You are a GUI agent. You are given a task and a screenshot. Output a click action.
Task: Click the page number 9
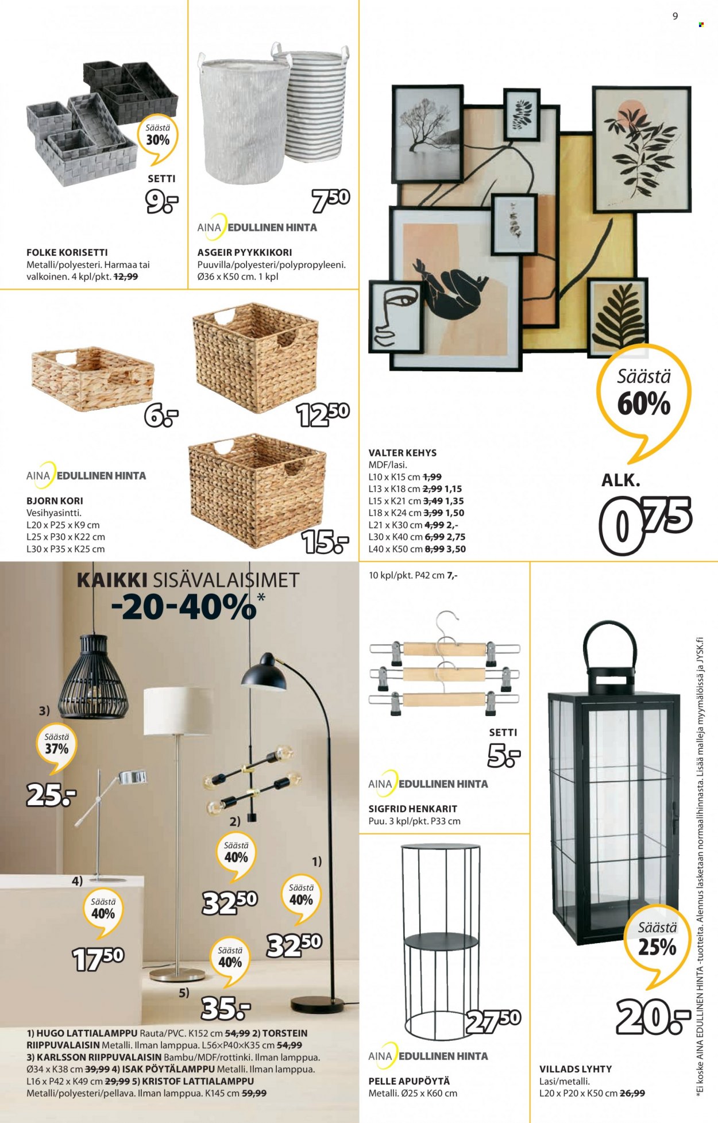(x=675, y=17)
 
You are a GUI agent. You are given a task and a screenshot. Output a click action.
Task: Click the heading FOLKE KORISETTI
(x=67, y=252)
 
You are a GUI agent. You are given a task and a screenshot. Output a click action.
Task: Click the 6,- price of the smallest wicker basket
(x=161, y=416)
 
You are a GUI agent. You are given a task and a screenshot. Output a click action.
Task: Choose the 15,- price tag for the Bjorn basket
(x=325, y=541)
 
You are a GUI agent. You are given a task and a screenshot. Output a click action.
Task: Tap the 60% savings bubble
(x=644, y=397)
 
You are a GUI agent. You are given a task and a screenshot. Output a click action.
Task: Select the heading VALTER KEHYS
(x=402, y=453)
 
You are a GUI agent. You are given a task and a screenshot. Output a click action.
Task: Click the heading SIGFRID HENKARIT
(x=413, y=809)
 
